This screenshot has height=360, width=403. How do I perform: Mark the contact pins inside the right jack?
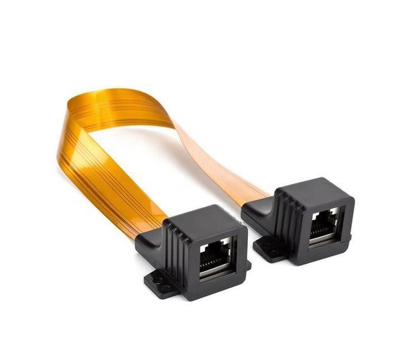coord(325,218)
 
